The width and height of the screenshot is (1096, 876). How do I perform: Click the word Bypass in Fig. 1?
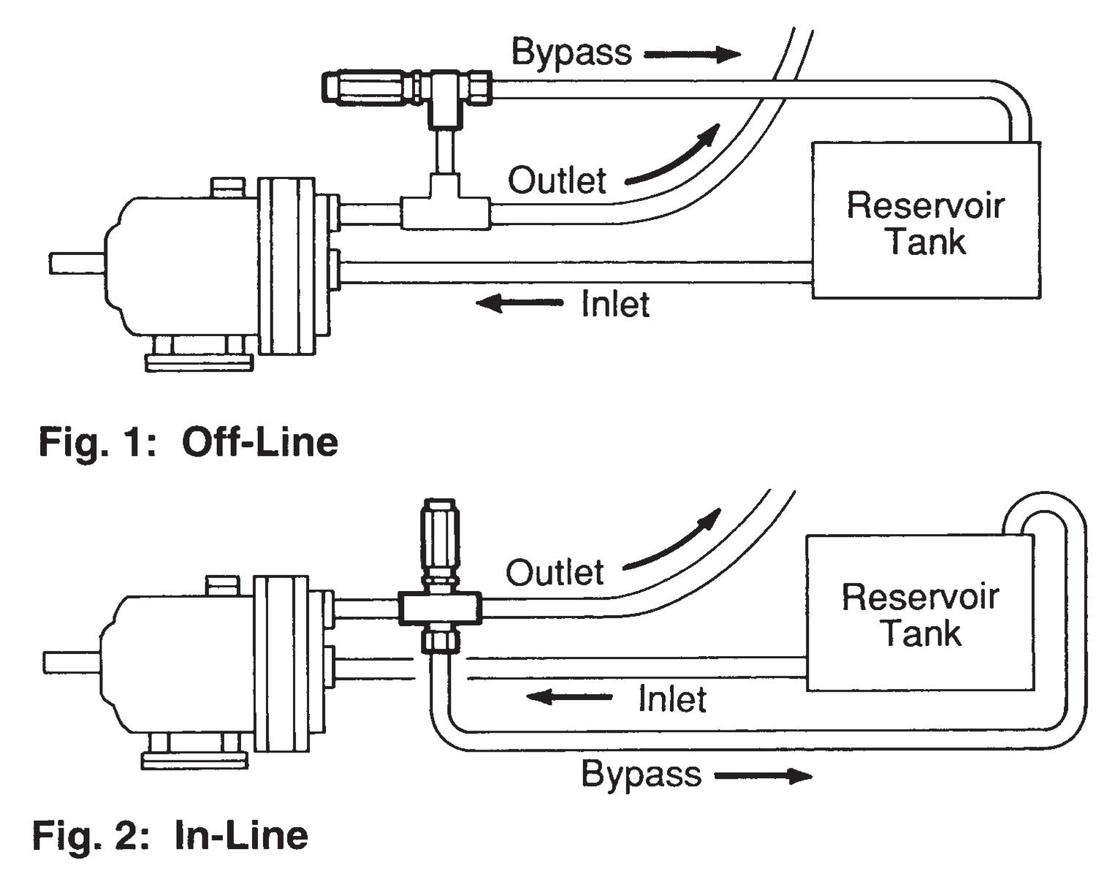tap(571, 53)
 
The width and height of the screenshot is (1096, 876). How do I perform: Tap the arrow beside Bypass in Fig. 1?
tap(692, 53)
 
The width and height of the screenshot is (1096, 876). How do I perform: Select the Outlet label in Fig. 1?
tap(557, 180)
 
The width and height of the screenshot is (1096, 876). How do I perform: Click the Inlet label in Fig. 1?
tap(615, 304)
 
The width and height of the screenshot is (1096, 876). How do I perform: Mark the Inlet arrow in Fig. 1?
tap(519, 302)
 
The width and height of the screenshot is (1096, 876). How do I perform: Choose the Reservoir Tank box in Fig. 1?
tap(926, 221)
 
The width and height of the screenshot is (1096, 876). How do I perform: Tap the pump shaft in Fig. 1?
tap(77, 263)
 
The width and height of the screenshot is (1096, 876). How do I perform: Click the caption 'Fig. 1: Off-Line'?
tap(188, 443)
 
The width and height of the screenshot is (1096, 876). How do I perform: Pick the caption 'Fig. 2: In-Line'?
tap(170, 835)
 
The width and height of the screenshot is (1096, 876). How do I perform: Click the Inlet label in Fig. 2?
tap(671, 699)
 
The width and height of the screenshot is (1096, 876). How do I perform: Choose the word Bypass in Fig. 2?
tap(641, 774)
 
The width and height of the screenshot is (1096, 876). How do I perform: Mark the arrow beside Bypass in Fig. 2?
tap(762, 775)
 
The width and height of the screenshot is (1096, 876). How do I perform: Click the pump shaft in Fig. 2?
tap(72, 662)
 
